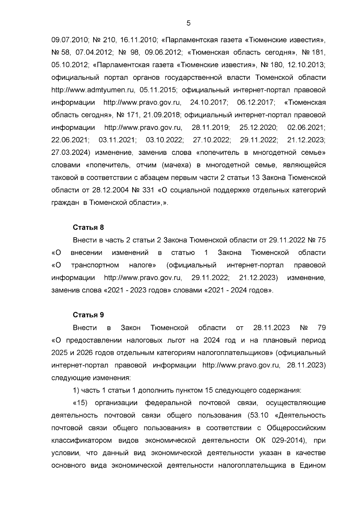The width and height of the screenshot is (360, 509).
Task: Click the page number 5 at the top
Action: point(188,23)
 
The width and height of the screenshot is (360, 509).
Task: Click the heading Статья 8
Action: point(88,227)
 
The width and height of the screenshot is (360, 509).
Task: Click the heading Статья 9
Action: point(88,315)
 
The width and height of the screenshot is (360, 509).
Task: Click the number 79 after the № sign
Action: point(321,328)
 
